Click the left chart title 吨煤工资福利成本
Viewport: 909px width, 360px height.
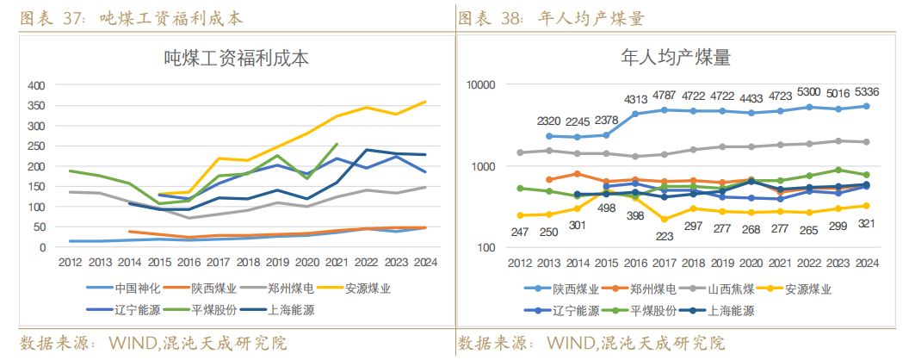(236, 59)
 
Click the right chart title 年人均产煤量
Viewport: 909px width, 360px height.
(676, 59)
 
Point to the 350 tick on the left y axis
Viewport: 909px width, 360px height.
(35, 106)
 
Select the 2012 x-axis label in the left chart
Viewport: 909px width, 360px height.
(70, 263)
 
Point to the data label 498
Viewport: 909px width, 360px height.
(606, 208)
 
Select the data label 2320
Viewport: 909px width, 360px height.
(549, 121)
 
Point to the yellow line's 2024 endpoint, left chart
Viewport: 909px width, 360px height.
(424, 102)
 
